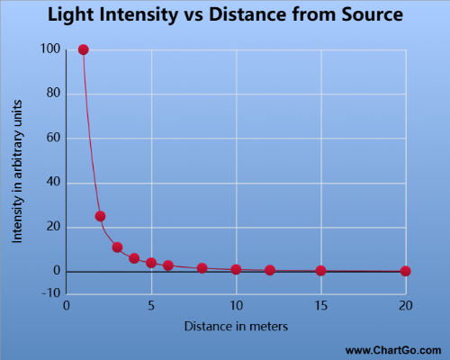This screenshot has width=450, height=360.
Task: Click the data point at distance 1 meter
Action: click(84, 49)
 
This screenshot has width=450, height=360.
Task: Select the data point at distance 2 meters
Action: click(100, 216)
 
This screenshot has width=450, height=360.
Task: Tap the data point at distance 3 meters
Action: click(117, 247)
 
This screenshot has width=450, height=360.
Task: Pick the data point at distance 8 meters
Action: click(202, 268)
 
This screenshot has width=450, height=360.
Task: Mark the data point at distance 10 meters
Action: click(236, 269)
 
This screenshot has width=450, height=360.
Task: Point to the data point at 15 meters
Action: click(320, 270)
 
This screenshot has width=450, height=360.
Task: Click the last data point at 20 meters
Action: click(405, 271)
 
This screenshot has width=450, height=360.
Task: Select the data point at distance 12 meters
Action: click(270, 270)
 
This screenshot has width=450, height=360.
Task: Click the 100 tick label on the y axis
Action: click(50, 49)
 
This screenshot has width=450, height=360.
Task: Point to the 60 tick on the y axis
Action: click(53, 138)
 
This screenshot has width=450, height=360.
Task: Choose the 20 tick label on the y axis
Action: click(53, 227)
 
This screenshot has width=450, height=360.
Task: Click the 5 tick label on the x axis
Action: click(151, 305)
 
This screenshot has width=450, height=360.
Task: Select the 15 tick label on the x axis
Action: click(320, 305)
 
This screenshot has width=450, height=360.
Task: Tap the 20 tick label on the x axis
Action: click(405, 305)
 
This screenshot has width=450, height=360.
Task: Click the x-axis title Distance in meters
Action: click(236, 326)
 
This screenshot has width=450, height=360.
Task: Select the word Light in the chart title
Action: click(72, 16)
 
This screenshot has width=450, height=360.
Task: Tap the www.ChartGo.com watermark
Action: click(393, 349)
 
